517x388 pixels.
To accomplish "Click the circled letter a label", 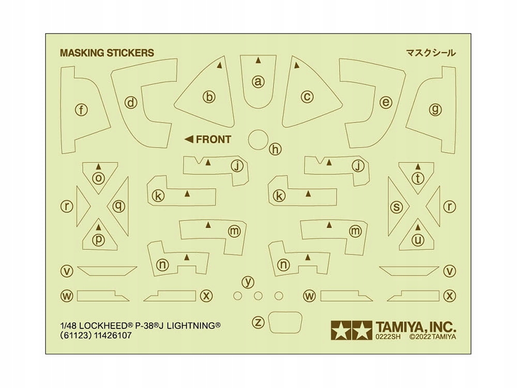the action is (258, 82).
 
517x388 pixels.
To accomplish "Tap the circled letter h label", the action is (276, 149).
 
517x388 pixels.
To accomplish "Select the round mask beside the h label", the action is (258, 140).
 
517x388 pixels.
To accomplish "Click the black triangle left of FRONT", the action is (189, 139).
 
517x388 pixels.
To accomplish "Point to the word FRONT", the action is (214, 140).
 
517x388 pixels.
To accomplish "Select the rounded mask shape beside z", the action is (285, 322).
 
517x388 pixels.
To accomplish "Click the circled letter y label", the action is (248, 282).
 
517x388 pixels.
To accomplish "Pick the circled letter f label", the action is (82, 110).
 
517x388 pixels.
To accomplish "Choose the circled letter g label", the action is (435, 109).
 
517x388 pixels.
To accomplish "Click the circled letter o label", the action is (98, 178).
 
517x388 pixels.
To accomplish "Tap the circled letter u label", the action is (418, 240).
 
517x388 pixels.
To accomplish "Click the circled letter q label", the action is (119, 206).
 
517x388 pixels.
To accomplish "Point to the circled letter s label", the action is (397, 207).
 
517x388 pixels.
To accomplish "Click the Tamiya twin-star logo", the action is (352, 330).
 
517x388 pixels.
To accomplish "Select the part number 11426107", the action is (113, 336).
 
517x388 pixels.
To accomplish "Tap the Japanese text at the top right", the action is (431, 53).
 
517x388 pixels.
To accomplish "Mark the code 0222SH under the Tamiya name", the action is (388, 337).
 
